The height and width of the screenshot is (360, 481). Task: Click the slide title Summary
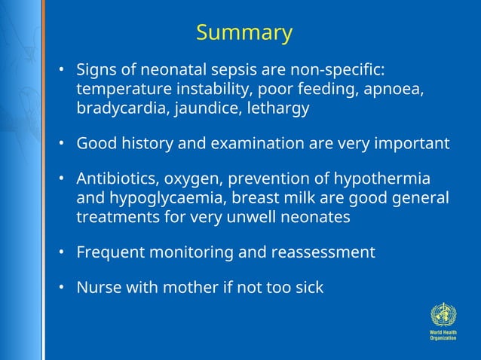pyautogui.click(x=244, y=33)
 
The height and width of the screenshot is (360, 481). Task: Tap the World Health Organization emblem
pyautogui.click(x=443, y=313)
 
